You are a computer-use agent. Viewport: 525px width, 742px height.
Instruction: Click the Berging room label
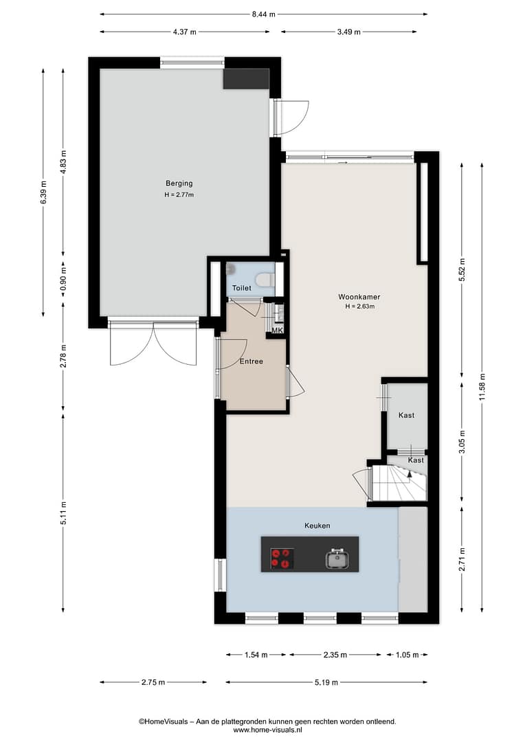179,183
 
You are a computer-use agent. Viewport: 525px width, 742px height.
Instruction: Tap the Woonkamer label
359,297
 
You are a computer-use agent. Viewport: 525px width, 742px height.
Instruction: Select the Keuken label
317,526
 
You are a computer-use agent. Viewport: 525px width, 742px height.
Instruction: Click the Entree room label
251,361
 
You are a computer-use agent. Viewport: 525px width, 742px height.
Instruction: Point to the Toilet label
241,288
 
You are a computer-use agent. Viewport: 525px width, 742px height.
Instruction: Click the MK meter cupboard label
277,330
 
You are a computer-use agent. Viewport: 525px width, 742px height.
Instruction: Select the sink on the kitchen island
337,559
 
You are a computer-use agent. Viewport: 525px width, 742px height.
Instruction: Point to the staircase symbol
399,483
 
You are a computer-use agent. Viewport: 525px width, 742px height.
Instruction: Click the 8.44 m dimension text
263,14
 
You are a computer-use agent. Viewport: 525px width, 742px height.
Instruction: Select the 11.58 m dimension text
482,387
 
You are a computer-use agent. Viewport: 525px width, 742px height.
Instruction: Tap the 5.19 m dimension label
326,682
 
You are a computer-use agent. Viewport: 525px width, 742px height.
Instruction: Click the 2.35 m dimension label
335,655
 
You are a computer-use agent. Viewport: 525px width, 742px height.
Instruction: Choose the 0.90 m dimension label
63,279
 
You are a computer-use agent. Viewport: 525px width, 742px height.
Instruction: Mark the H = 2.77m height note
179,195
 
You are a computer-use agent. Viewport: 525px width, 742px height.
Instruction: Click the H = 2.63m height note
360,306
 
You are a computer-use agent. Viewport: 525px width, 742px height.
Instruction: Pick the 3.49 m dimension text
349,32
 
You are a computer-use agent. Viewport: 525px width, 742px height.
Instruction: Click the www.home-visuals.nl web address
267,730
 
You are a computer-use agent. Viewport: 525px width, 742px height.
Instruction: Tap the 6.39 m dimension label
43,192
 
